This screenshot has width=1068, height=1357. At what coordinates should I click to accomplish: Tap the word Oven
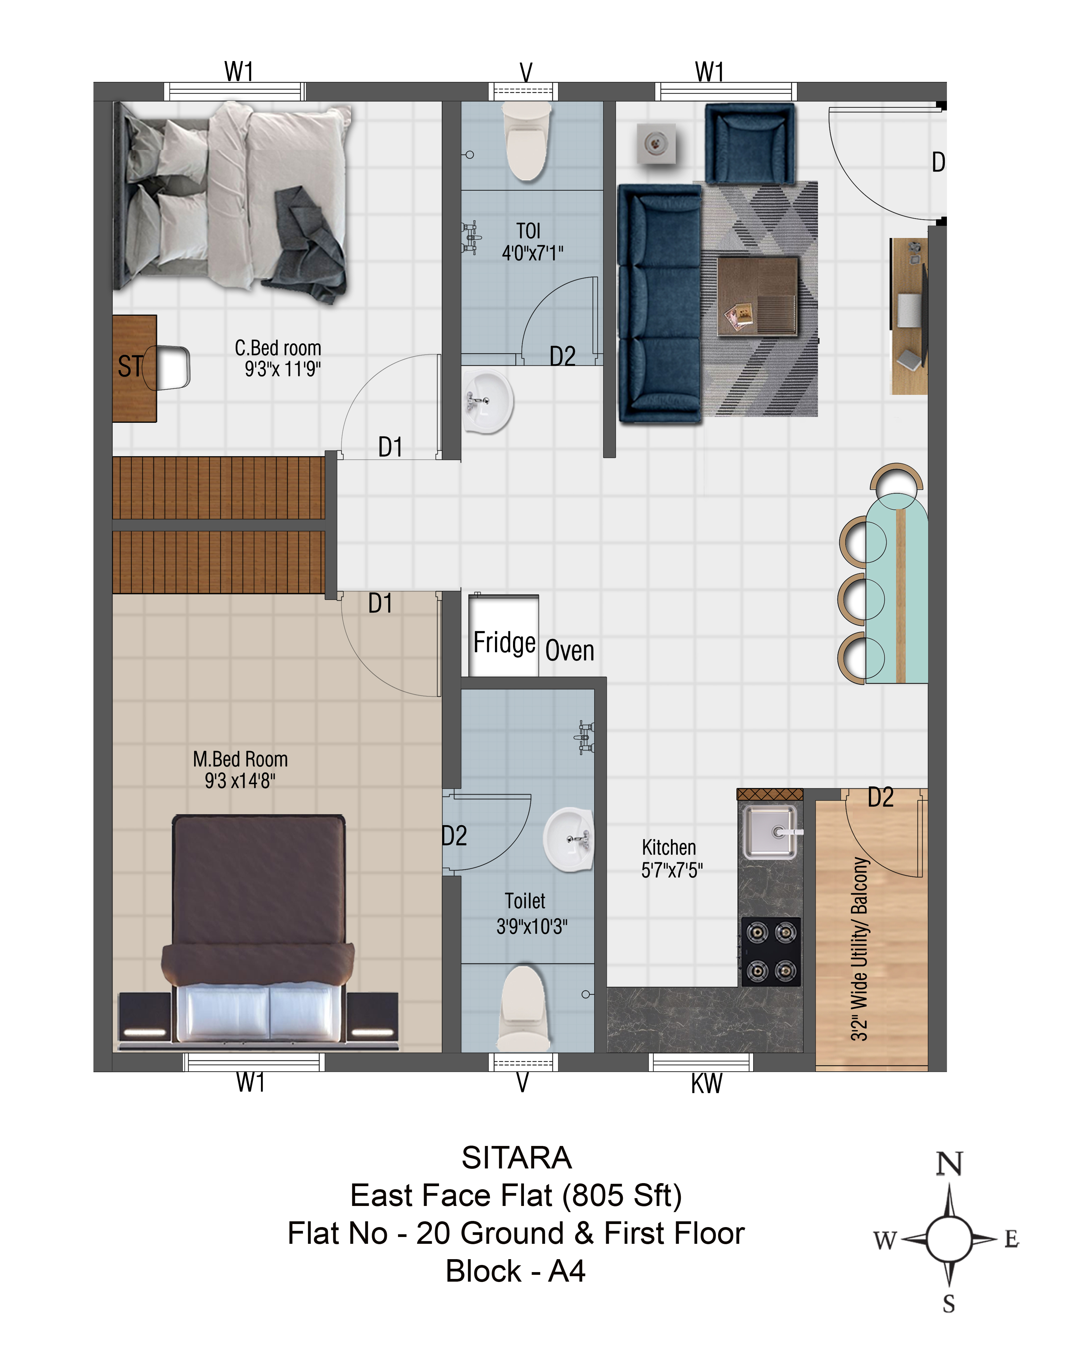coord(570,651)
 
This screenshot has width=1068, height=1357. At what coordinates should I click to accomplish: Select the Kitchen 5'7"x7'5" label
coord(672,858)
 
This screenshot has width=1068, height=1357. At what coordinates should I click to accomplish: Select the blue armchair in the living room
coord(750,144)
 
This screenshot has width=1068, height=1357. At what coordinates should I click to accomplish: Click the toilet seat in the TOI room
coord(527,142)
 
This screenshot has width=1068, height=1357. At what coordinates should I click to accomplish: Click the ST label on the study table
coord(130,366)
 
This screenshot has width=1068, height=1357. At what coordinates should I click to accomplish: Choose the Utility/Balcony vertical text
coord(860,949)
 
